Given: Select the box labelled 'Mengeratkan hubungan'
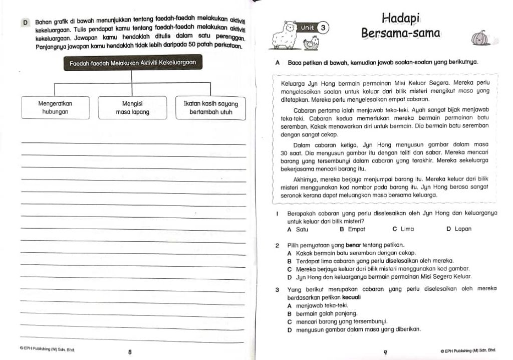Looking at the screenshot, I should click(55, 108).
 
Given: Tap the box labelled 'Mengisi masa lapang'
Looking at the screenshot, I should click(132, 108).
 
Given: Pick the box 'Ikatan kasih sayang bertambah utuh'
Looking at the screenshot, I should click(211, 108).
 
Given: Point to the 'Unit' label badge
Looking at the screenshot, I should click(307, 28).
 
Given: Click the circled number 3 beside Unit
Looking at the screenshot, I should click(324, 28).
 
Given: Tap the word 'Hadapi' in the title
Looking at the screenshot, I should click(400, 18).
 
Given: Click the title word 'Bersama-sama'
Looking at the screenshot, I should click(400, 34).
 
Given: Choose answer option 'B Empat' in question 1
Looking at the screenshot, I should click(352, 229).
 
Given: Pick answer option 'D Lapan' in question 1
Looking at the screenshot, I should click(458, 229).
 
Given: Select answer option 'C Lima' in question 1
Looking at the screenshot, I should click(403, 229).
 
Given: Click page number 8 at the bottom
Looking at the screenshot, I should click(129, 352).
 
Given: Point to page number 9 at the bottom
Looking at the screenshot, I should click(385, 352).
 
